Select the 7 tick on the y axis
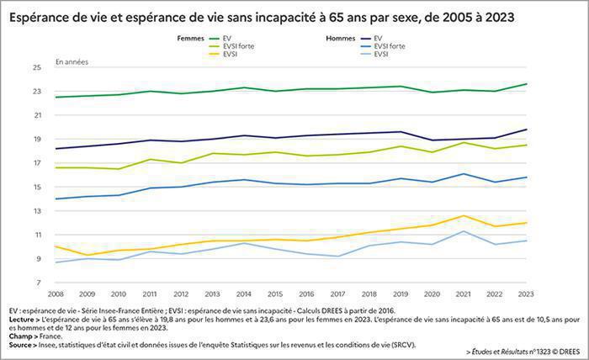[x=38, y=283]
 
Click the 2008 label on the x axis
[x=56, y=294]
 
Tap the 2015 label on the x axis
[x=274, y=294]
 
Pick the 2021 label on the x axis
[x=462, y=294]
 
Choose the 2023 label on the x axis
[x=525, y=294]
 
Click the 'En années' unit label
[x=72, y=61]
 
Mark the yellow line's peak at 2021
[x=462, y=215]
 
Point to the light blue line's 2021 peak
[x=462, y=231]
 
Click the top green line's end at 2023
[x=525, y=84]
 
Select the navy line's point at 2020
[x=431, y=140]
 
